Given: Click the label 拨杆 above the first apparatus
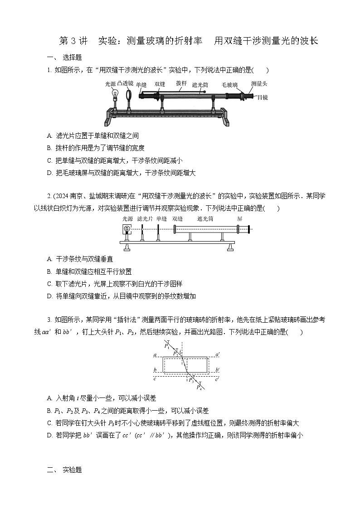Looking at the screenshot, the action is pyautogui.click(x=181, y=83).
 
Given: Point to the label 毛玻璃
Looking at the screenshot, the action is pyautogui.click(x=229, y=85).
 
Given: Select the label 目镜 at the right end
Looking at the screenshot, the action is pyautogui.click(x=262, y=97).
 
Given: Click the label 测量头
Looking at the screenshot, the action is pyautogui.click(x=259, y=83).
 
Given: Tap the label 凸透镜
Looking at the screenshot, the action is pyautogui.click(x=125, y=83).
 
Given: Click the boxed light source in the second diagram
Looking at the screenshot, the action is pyautogui.click(x=127, y=229).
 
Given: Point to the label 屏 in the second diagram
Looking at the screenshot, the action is pyautogui.click(x=239, y=218).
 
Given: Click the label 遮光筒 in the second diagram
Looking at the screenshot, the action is pyautogui.click(x=205, y=218).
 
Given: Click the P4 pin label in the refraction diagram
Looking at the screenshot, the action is pyautogui.click(x=199, y=387).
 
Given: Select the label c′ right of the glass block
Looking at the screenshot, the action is pyautogui.click(x=218, y=379).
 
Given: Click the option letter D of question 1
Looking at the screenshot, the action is pyautogui.click(x=49, y=173).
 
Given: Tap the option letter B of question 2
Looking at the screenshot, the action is pyautogui.click(x=49, y=271).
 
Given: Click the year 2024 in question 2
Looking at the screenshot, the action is pyautogui.click(x=61, y=196).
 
